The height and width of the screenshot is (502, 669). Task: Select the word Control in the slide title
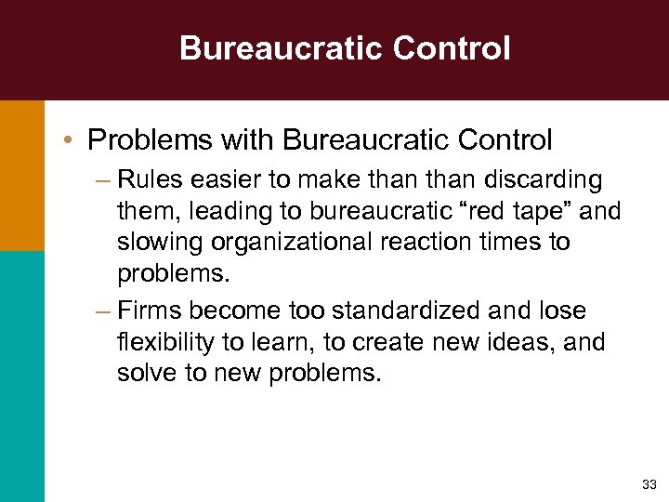click(x=453, y=47)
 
